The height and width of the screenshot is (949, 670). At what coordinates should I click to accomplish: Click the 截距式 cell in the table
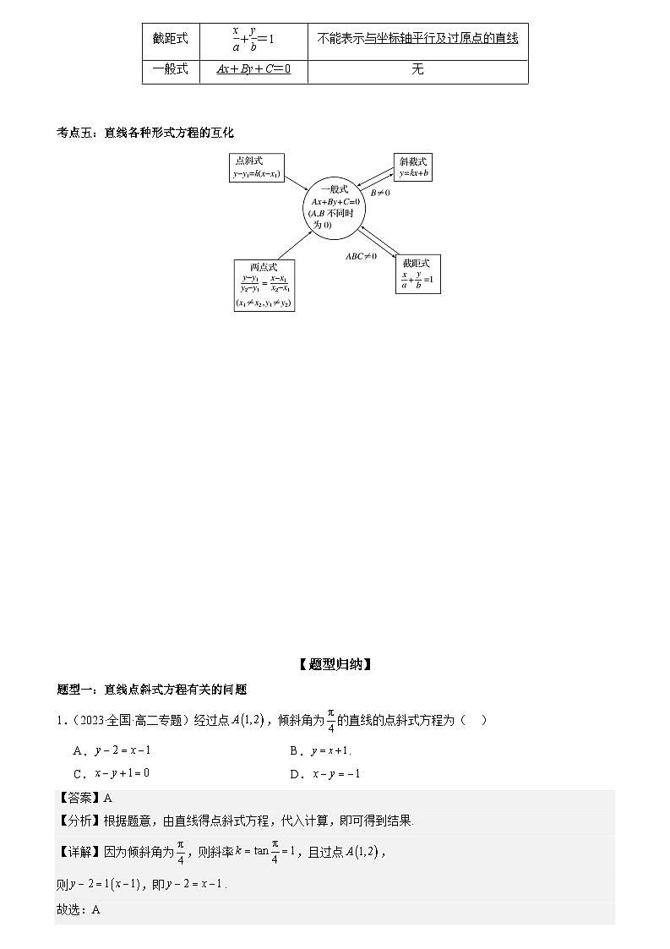(171, 38)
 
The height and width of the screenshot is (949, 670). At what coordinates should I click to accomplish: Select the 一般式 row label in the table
(171, 69)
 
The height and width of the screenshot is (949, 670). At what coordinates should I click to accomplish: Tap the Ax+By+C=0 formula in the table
(253, 69)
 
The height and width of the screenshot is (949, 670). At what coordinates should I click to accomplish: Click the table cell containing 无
(417, 69)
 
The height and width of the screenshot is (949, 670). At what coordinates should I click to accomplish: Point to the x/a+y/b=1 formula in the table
(253, 39)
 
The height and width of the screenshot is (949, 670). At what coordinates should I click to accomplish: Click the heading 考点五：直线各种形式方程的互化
(144, 133)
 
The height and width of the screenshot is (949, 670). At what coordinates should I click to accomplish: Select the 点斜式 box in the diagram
(256, 167)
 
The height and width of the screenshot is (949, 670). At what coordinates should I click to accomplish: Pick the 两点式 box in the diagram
(264, 286)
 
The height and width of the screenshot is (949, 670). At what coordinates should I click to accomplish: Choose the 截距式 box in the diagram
(417, 274)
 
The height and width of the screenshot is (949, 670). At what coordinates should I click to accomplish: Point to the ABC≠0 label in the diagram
(361, 255)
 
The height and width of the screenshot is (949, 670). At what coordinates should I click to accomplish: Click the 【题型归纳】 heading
(335, 664)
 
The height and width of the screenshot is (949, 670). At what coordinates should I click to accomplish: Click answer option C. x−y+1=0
(112, 773)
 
